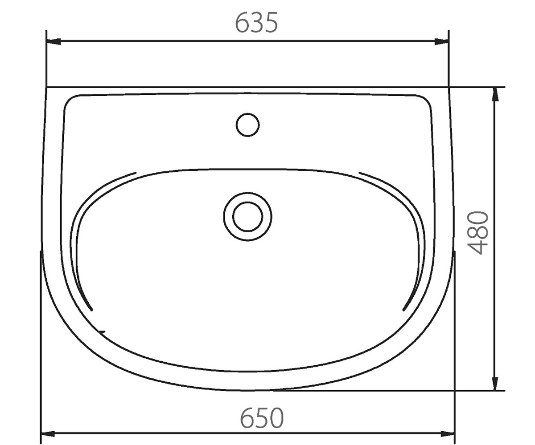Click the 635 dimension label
click(x=256, y=23)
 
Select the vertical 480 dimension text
click(x=478, y=232)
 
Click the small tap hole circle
click(x=248, y=125)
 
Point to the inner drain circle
click(x=248, y=217)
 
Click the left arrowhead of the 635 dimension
click(x=53, y=41)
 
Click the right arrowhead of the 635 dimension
click(x=442, y=41)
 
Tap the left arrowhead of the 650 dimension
click(x=48, y=434)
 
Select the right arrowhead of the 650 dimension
click(x=447, y=434)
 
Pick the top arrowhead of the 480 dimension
click(x=496, y=94)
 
